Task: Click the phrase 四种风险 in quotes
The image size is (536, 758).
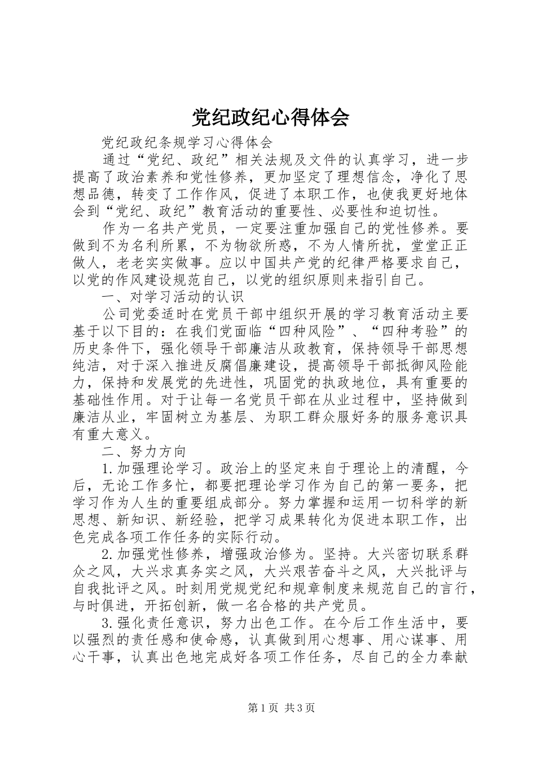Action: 315,331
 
